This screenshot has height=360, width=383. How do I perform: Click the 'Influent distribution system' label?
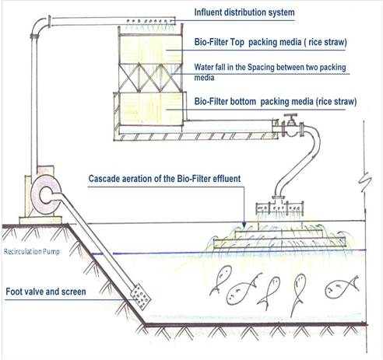point(244,12)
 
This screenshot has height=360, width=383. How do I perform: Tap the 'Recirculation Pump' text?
point(32,251)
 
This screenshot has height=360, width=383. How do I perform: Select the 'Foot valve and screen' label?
point(46,292)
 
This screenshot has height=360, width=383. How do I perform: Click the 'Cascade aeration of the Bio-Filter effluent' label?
point(164,179)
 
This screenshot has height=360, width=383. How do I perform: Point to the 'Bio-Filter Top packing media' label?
point(271,42)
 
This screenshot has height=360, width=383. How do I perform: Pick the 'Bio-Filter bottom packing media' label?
point(276,102)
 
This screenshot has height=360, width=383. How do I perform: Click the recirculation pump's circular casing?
point(46,195)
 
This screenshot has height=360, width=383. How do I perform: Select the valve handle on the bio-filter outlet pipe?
point(290,116)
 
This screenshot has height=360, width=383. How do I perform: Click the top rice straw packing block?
point(150,50)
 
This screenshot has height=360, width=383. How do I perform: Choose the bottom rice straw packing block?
point(150,110)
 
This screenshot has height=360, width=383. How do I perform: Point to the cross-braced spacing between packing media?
point(150,79)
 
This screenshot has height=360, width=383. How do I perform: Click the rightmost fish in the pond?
point(342,287)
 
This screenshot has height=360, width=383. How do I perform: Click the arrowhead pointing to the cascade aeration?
point(244,225)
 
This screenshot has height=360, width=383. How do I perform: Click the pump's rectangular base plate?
point(40,220)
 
